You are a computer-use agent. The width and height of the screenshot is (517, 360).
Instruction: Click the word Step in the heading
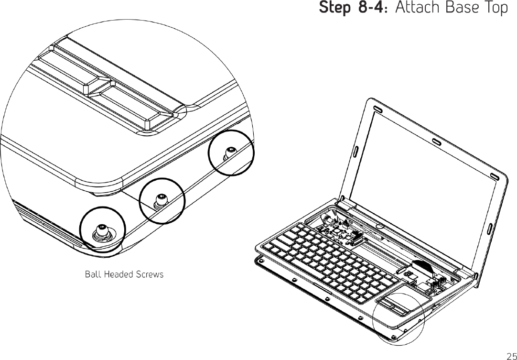pos(333,9)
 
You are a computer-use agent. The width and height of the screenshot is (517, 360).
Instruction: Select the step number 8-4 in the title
pos(372,9)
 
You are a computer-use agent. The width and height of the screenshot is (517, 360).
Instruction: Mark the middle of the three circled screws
pos(162,199)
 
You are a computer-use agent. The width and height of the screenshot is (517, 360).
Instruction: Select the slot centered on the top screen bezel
pos(436,142)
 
